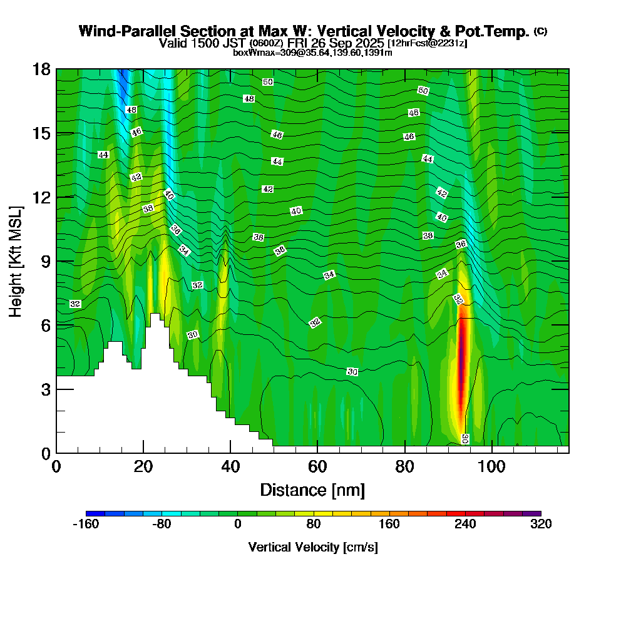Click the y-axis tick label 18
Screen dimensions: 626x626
41,69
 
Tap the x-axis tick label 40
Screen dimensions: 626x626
230,467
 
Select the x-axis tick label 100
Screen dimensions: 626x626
492,467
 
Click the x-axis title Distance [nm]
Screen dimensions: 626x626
312,490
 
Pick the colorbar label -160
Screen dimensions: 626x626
86,525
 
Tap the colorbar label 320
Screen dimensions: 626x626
541,525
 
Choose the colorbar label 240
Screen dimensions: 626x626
465,525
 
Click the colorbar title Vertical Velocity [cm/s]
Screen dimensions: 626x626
313,547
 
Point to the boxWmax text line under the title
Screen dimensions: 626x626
312,53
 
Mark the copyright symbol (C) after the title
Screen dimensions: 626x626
540,31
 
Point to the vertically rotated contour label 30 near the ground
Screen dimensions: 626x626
465,439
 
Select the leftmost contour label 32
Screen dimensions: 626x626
75,304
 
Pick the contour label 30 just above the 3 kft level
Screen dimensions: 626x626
352,372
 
